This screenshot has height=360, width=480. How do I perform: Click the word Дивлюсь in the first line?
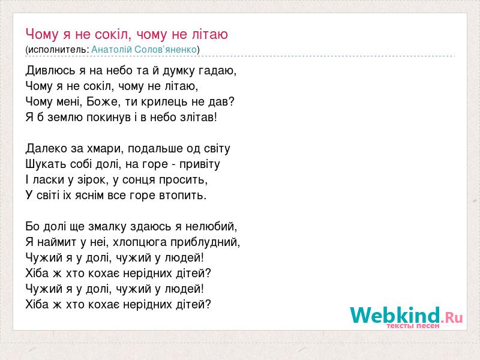50,71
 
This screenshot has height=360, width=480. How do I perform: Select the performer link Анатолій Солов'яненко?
144,50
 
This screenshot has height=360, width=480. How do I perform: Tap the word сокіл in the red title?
113,34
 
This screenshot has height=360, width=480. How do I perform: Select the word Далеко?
47,149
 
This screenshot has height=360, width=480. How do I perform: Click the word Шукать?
46,164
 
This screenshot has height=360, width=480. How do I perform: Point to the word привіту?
200,164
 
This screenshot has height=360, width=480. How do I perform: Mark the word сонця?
139,181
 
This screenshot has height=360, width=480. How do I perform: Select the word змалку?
107,227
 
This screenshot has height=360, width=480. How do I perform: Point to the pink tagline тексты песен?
413,326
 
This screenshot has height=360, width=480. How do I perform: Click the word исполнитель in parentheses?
58,50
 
